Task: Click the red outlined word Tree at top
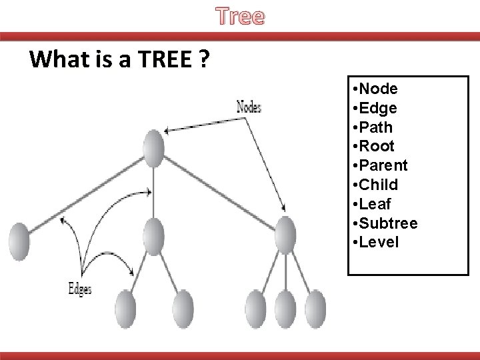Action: (240, 16)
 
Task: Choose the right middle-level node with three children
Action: (285, 234)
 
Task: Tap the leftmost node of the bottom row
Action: (125, 309)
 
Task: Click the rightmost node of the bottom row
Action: (317, 309)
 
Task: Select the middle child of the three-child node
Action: (285, 309)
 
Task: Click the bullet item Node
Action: (377, 89)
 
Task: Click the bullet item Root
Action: (375, 146)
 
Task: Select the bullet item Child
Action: (377, 184)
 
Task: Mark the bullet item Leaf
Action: (374, 203)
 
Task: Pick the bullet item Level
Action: (377, 241)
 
